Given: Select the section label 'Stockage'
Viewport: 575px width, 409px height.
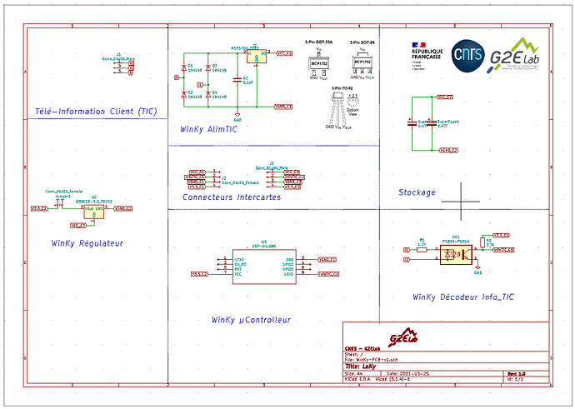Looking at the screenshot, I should [x=417, y=192].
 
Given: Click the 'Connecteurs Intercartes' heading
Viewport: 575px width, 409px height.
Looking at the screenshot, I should [x=232, y=197].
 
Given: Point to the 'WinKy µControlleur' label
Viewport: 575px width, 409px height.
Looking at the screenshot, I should [x=251, y=319].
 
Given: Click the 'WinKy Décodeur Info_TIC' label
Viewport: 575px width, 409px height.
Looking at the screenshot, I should [x=462, y=297].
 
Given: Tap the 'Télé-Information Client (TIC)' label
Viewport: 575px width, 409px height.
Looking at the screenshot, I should [x=96, y=111].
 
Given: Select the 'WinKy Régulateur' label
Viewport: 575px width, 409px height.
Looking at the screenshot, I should [x=87, y=243].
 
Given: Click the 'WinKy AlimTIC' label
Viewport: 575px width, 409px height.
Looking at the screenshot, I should [x=208, y=130].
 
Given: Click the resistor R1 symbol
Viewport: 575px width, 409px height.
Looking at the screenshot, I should [x=422, y=248].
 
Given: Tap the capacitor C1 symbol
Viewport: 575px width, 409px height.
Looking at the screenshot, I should [x=237, y=81].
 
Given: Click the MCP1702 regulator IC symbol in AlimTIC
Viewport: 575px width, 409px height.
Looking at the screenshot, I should [x=257, y=57].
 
